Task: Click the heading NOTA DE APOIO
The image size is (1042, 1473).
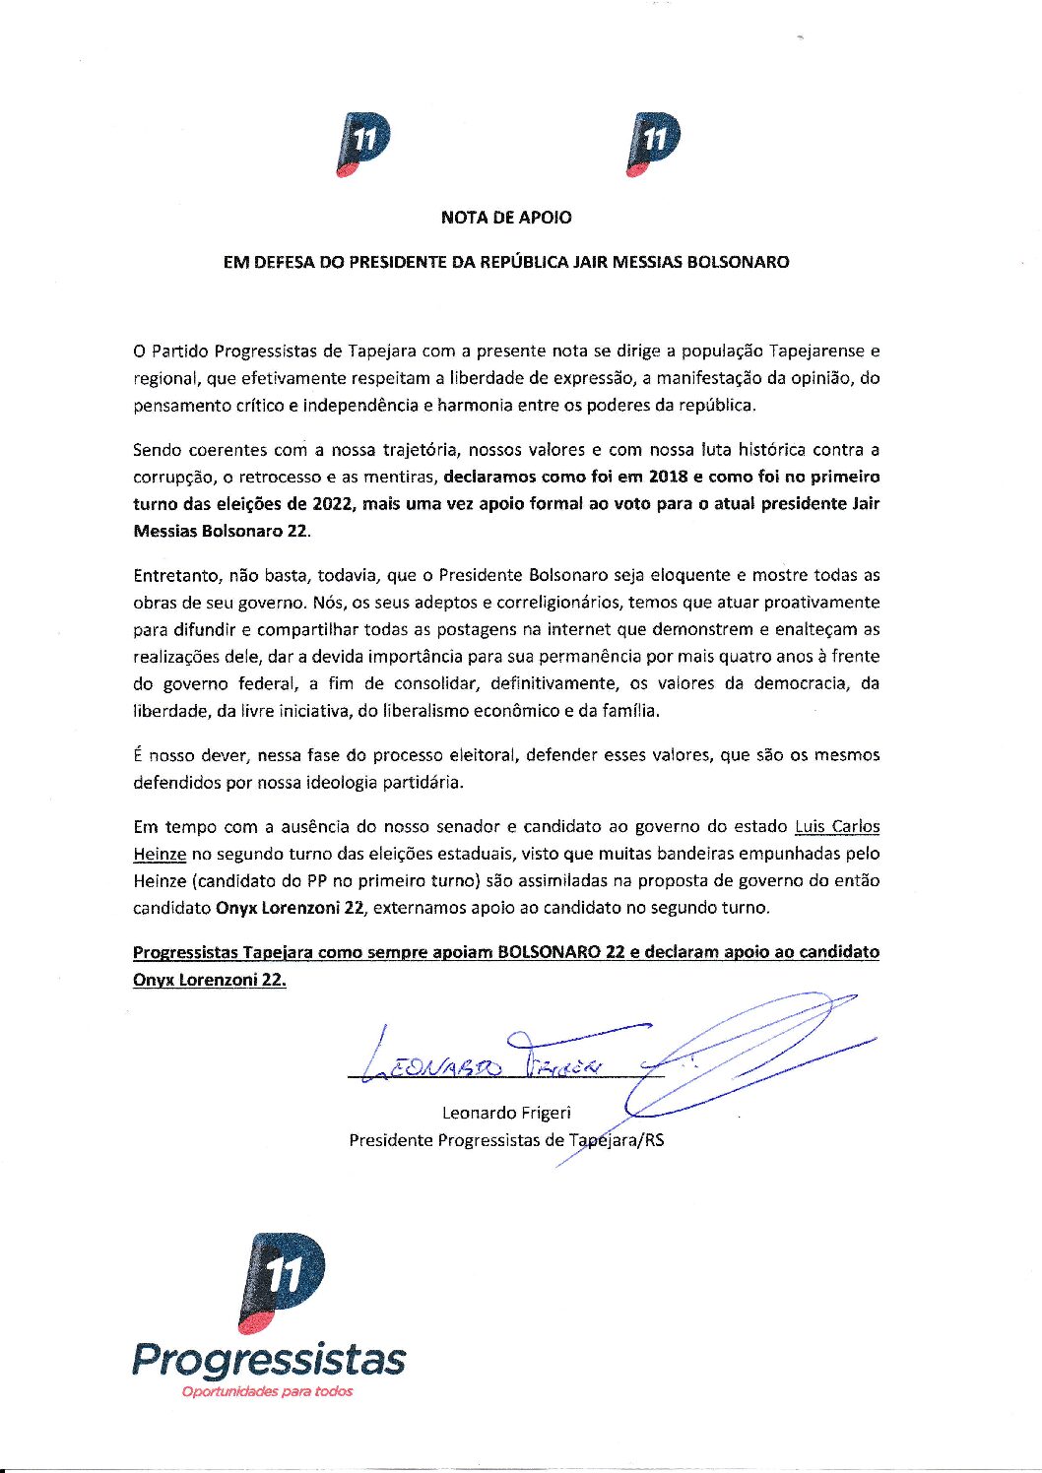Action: click(505, 218)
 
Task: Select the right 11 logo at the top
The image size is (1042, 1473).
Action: click(652, 145)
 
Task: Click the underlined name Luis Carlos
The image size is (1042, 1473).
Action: click(837, 827)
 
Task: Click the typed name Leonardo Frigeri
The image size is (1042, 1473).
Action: click(506, 1114)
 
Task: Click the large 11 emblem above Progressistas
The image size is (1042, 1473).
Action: click(283, 1281)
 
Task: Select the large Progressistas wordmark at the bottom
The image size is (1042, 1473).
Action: click(269, 1360)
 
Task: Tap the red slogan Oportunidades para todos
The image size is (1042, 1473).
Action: click(266, 1392)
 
